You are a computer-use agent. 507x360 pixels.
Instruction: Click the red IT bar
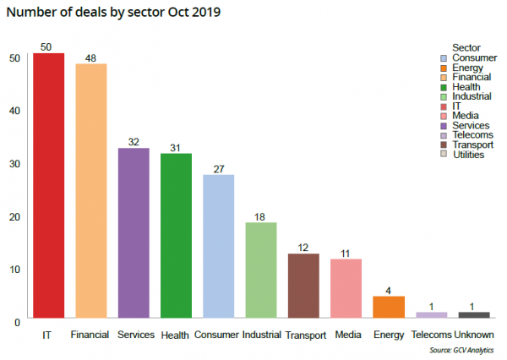pyautogui.click(x=48, y=186)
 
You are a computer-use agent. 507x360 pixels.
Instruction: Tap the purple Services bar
pyautogui.click(x=134, y=234)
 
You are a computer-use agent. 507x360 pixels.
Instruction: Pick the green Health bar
pyautogui.click(x=176, y=237)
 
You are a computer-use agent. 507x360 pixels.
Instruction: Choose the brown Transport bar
pyautogui.click(x=303, y=286)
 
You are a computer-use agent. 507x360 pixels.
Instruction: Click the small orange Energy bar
pyautogui.click(x=389, y=308)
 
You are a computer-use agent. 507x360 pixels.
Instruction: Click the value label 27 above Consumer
pyautogui.click(x=218, y=169)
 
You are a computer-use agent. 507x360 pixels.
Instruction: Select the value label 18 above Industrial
pyautogui.click(x=261, y=216)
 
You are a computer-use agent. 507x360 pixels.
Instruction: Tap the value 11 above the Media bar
pyautogui.click(x=346, y=253)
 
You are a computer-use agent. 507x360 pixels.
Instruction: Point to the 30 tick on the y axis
pyautogui.click(x=15, y=163)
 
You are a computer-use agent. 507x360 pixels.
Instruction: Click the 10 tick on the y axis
pyautogui.click(x=15, y=269)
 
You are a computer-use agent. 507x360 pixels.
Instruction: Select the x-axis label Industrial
pyautogui.click(x=261, y=335)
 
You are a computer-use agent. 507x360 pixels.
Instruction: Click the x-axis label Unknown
pyautogui.click(x=473, y=335)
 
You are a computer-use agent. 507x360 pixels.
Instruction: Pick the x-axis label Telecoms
pyautogui.click(x=431, y=335)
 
